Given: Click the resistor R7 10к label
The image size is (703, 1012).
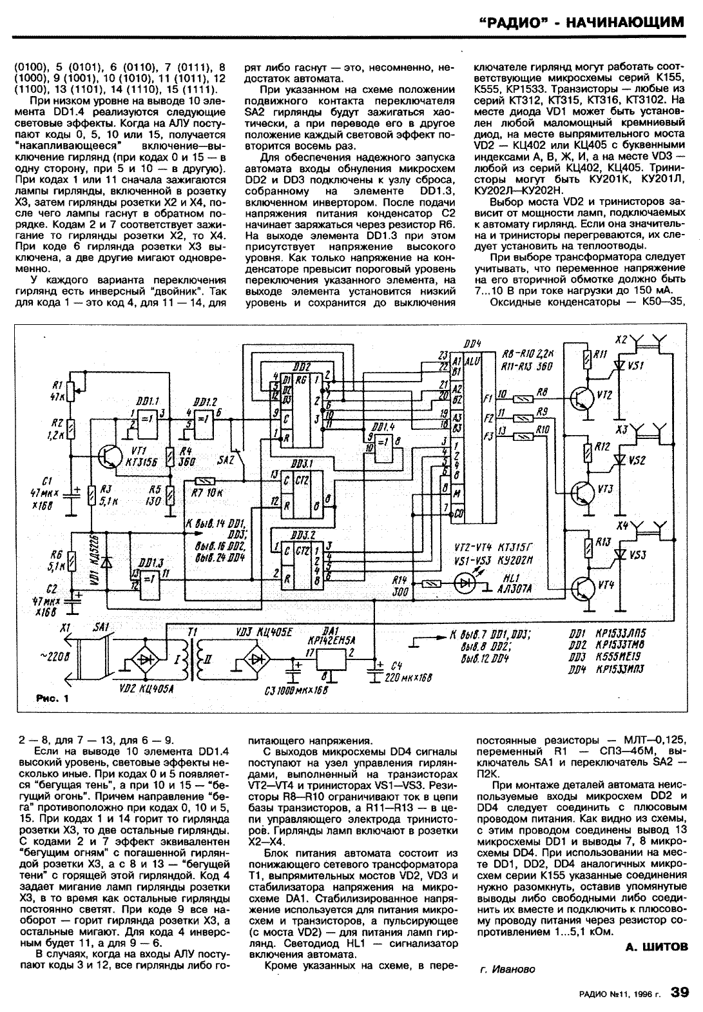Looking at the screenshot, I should coord(207,493).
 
